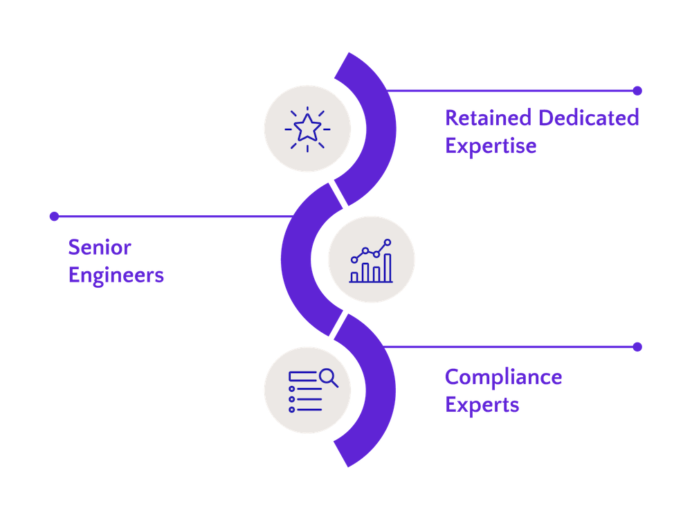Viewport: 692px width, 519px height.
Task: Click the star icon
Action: [307, 128]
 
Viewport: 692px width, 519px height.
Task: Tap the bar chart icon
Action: [372, 261]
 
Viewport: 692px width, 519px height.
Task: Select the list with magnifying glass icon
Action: [308, 390]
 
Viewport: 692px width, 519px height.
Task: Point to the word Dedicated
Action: [589, 118]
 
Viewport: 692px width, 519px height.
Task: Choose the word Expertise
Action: [491, 146]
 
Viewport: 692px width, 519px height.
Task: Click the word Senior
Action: [100, 247]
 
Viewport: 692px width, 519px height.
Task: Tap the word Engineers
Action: [116, 275]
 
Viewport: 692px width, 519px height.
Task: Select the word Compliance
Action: [503, 377]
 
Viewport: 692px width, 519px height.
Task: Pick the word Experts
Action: [482, 404]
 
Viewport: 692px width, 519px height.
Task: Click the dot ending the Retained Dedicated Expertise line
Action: [637, 91]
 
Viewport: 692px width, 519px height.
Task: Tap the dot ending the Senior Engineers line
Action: [54, 217]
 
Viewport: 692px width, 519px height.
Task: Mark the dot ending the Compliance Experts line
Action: [637, 346]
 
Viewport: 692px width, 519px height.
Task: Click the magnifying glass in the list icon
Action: [328, 377]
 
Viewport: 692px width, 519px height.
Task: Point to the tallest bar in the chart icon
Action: [388, 268]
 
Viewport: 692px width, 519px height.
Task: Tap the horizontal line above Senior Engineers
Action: [173, 217]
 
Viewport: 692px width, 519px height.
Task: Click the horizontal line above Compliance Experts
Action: [505, 346]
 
